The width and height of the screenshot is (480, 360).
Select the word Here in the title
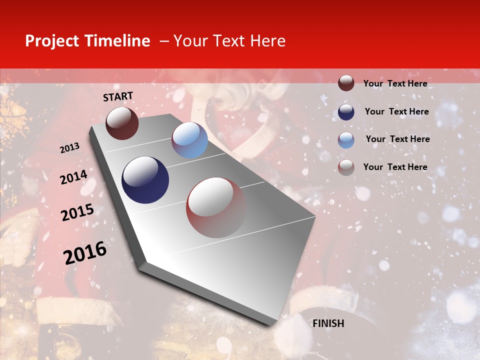(x=267, y=41)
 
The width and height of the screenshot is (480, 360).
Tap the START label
(x=118, y=96)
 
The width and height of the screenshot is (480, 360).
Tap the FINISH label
(x=328, y=323)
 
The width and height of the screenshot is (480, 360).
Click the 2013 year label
(x=69, y=148)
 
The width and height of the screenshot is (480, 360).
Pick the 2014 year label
(x=73, y=177)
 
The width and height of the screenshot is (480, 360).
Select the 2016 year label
(x=85, y=253)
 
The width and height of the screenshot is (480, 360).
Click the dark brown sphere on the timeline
(x=122, y=123)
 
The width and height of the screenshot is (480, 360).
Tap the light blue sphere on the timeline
(x=189, y=140)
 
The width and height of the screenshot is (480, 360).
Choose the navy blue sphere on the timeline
(x=145, y=180)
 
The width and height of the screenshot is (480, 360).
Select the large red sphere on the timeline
(x=216, y=207)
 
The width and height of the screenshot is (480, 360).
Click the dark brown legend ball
(x=346, y=83)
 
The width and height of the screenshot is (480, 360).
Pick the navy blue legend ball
(x=346, y=111)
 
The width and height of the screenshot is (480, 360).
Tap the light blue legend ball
(x=346, y=139)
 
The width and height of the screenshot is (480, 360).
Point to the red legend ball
(x=346, y=167)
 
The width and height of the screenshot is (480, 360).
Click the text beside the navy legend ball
(x=396, y=111)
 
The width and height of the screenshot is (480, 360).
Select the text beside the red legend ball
(x=395, y=167)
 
